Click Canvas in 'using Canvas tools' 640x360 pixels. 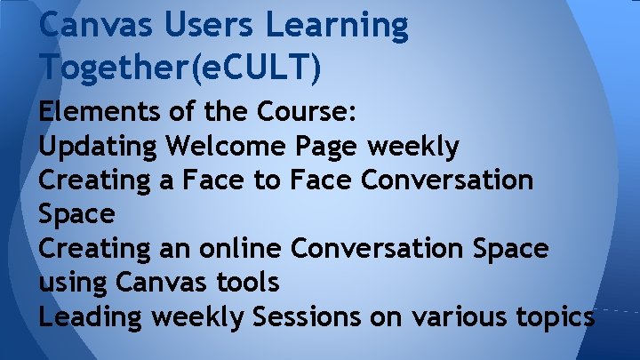159,283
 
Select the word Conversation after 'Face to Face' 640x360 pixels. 448,180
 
